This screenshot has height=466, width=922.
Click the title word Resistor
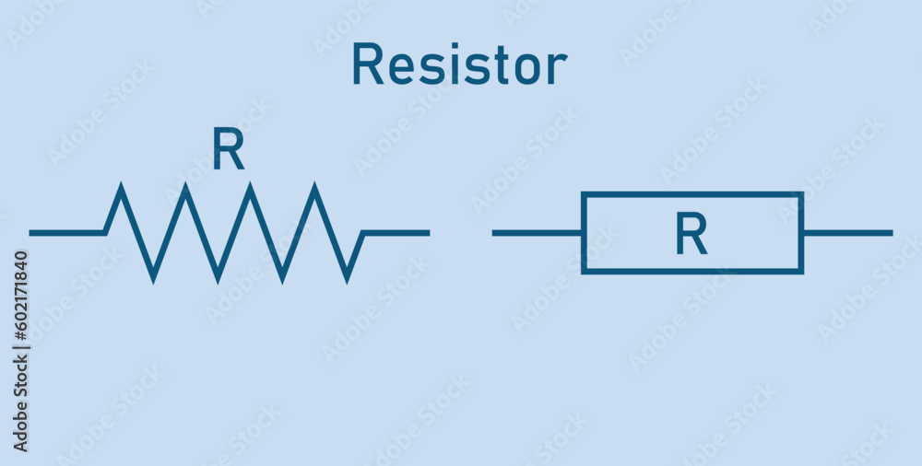pos(459,65)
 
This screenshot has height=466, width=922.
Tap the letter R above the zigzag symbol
pos(229,149)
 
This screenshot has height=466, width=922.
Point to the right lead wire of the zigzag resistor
pos(396,233)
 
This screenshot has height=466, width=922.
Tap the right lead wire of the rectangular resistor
pos(847,233)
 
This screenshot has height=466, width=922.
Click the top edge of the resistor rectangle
pos(691,194)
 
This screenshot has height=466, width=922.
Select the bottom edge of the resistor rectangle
pos(691,272)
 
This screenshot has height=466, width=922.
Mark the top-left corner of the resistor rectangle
pos(584,194)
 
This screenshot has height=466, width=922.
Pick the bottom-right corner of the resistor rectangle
pos(801,272)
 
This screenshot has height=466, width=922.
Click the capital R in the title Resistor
pos(367,65)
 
